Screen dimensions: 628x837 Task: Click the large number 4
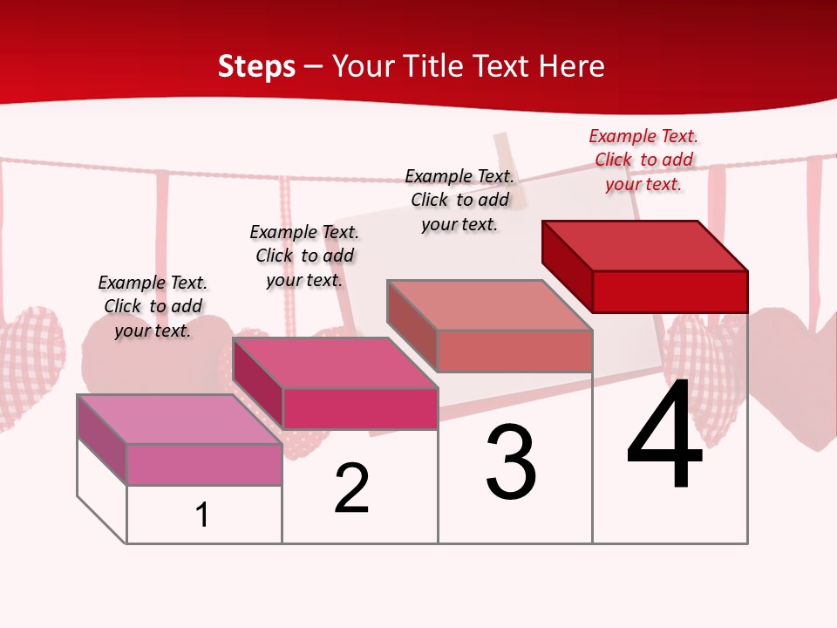[664, 437]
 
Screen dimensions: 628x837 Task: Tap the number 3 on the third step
[511, 463]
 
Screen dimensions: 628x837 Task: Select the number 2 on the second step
[352, 488]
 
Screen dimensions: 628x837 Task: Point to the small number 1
[201, 515]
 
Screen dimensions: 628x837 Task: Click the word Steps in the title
[256, 66]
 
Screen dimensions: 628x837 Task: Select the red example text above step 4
[643, 160]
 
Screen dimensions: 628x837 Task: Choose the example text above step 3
[459, 200]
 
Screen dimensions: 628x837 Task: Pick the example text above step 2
[304, 256]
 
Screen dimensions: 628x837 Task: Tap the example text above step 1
[153, 306]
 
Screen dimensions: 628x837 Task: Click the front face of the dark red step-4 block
[670, 291]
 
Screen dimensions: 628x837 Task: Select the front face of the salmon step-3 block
[514, 351]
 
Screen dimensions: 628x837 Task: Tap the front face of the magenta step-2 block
[359, 408]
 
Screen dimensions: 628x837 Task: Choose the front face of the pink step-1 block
[204, 464]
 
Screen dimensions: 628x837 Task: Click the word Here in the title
[573, 66]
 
